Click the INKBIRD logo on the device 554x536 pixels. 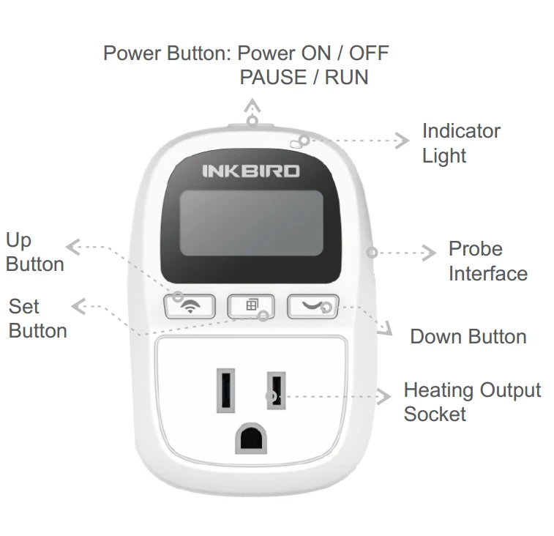point(251,171)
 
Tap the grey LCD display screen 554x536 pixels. point(251,223)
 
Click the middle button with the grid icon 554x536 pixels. point(251,306)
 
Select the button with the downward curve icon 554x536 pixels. point(313,306)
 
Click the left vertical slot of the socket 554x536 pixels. point(225,390)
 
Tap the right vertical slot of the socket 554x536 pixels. point(277,390)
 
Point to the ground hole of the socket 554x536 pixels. point(251,438)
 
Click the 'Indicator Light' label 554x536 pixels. point(462,144)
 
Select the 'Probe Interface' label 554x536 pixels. point(488,261)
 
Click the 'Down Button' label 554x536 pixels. point(468,336)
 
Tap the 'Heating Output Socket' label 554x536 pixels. point(472,402)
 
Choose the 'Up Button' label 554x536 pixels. point(34,252)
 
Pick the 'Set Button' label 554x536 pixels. point(37,319)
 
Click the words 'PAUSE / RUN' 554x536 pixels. point(304,77)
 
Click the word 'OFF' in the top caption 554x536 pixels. point(369,53)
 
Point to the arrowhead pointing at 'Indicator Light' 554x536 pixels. point(403,141)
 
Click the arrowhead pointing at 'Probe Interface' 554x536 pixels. point(430,253)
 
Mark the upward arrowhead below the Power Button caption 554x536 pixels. point(252,105)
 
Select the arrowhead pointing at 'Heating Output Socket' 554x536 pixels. point(384,397)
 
